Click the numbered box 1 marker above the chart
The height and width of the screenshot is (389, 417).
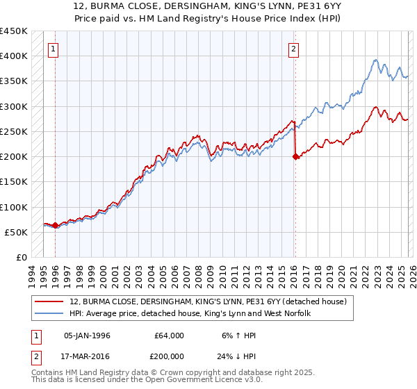coord(54,49)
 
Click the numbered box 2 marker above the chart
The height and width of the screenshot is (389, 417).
coord(294,49)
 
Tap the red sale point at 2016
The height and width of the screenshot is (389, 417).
coord(295,157)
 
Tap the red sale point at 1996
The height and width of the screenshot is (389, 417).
coord(56,225)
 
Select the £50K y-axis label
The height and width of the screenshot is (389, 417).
coord(17,233)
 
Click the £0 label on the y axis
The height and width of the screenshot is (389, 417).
coord(22,258)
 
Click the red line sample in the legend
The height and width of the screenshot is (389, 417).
coord(49,301)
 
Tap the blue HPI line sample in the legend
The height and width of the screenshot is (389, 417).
coord(49,313)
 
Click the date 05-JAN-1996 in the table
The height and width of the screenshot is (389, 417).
coord(87,336)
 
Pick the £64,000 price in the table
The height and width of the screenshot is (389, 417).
coord(169,336)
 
